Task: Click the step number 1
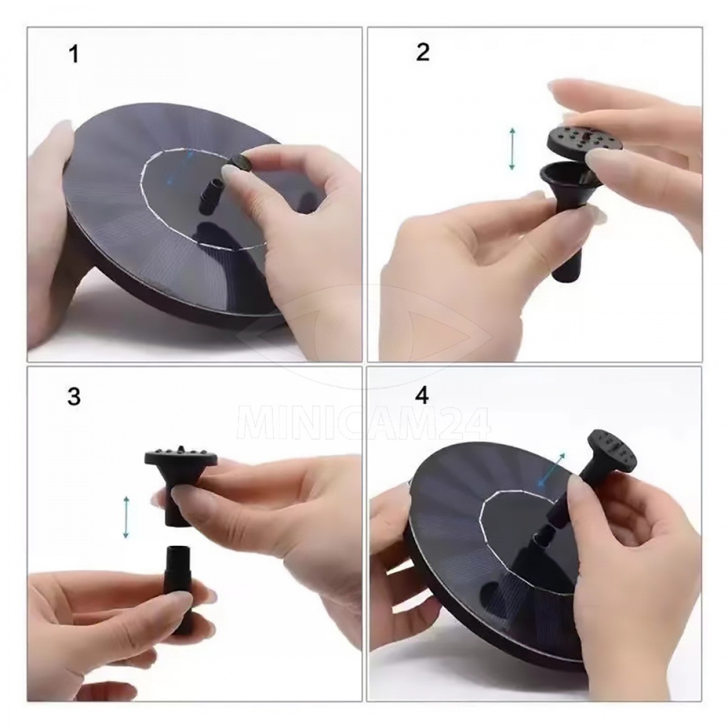[x=74, y=54]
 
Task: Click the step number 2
[x=422, y=52]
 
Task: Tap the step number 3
[x=74, y=397]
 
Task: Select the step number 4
[x=422, y=396]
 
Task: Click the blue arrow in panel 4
[x=551, y=469]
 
